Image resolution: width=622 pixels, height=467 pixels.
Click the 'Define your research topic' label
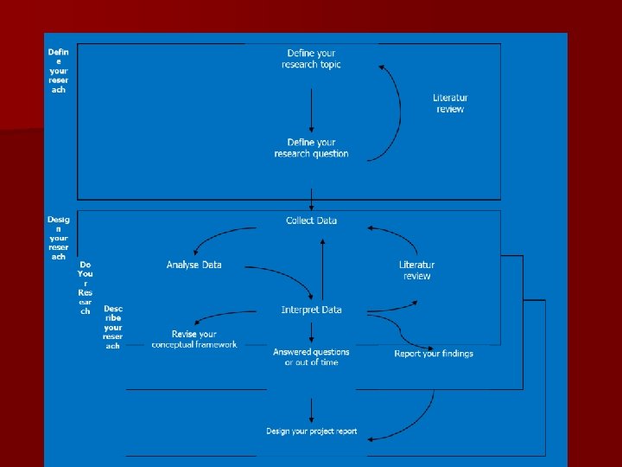point(311,59)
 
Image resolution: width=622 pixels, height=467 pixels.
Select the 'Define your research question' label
point(311,148)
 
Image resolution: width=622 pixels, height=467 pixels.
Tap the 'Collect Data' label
point(311,221)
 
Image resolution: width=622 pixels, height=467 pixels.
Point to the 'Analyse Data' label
point(194,265)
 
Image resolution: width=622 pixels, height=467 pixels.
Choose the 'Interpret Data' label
point(311,310)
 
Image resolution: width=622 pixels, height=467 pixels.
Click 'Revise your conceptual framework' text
point(194,339)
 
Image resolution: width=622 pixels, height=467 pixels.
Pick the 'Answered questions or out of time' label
point(311,357)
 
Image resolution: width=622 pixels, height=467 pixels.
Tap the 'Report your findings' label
point(434,354)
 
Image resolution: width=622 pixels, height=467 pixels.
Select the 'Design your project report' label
point(311,432)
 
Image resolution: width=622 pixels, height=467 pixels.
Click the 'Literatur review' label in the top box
point(450,104)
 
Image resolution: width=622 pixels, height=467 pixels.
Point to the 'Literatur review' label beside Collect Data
point(416,271)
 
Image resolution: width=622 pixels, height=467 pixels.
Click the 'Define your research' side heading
point(58,70)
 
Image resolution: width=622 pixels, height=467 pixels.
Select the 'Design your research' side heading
point(58,238)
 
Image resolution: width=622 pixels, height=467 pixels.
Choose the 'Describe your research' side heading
point(112,327)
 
